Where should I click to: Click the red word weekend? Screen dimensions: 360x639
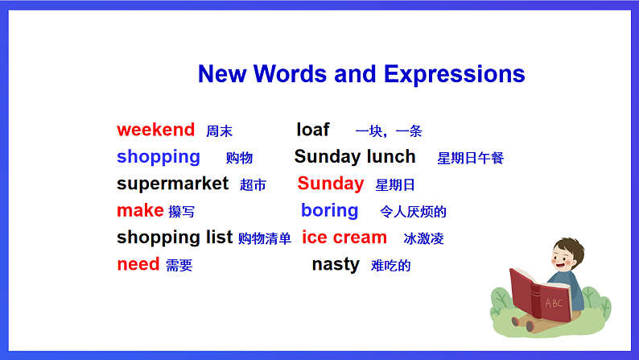coord(155,130)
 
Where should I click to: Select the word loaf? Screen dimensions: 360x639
coord(313,130)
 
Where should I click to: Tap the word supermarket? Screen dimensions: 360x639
coord(172,184)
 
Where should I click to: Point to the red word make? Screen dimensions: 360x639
coord(140,211)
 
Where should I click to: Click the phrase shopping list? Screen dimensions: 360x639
coord(175,238)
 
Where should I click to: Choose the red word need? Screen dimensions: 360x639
coord(138,264)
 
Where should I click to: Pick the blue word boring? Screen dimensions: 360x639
coord(329,211)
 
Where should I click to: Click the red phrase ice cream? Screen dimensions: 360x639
coord(344,238)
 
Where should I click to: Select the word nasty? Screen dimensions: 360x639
coord(335,264)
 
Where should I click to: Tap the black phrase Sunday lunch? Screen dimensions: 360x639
coord(355,157)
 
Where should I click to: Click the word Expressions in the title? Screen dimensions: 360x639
coord(454,74)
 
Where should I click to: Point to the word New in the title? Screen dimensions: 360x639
coord(222,74)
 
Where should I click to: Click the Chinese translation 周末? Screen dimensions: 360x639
coord(219,131)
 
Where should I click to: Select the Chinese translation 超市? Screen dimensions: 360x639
coord(253,185)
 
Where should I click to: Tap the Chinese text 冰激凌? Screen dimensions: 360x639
coord(423,238)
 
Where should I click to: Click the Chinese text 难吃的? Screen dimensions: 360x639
coord(390,265)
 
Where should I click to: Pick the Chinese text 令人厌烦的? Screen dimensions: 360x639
coord(413,212)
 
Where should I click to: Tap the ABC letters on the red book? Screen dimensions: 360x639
coord(554,303)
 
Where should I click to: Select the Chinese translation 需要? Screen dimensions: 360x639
coord(179,266)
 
